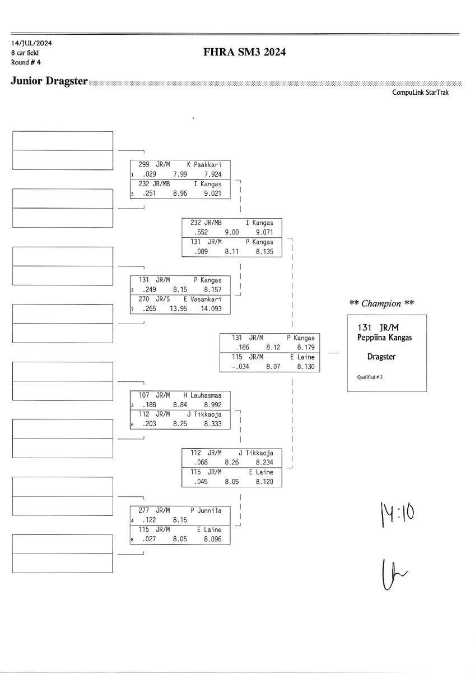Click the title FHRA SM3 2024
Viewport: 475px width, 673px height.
(246, 53)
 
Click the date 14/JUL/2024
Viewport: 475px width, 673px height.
(28, 43)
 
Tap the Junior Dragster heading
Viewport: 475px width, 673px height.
(49, 81)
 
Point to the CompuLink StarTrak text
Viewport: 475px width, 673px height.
(420, 93)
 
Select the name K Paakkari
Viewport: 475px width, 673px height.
(204, 165)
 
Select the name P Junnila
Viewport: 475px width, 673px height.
(206, 511)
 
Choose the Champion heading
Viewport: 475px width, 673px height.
(381, 303)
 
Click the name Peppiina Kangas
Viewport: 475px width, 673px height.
(384, 337)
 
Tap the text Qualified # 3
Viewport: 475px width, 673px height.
(370, 377)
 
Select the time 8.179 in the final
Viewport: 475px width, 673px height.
(306, 348)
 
